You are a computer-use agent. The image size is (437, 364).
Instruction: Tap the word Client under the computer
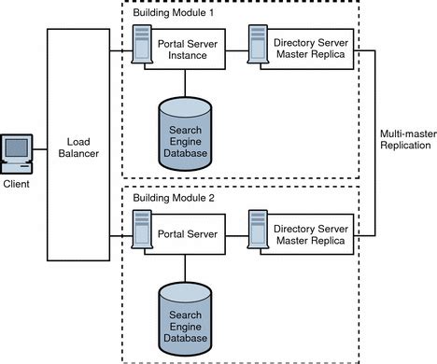[16, 184]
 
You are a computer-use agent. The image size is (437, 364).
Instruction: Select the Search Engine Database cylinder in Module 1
[185, 133]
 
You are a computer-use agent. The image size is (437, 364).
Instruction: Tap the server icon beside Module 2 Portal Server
[142, 231]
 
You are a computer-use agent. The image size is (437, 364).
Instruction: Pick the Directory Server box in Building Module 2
[311, 232]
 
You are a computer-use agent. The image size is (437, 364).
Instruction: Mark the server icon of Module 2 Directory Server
[257, 231]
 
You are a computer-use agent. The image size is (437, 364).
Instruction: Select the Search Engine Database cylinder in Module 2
[185, 316]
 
